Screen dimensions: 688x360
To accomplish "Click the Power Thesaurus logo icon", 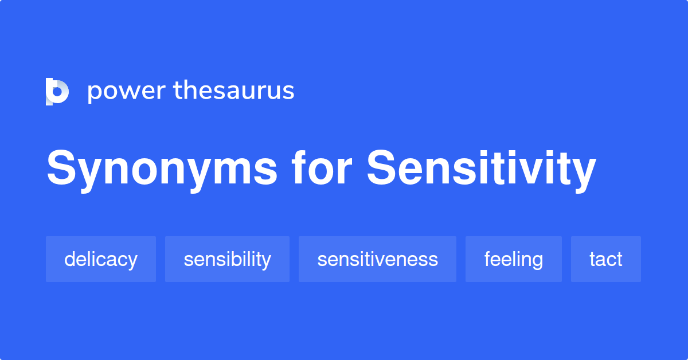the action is (57, 92).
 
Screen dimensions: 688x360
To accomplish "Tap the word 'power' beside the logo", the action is (127, 92).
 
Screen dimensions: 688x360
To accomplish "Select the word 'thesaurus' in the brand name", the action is (234, 90).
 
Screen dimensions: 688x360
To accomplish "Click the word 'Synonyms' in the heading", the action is (162, 170).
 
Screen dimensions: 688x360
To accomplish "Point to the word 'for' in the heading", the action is (322, 168).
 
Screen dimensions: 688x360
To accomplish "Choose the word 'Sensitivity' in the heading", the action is (482, 170).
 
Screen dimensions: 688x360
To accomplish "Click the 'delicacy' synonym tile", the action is (101, 259).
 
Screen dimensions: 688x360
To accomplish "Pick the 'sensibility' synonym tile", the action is (227, 259).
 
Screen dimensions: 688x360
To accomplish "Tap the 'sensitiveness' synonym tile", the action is (377, 259).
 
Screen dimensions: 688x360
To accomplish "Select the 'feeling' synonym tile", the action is (514, 259).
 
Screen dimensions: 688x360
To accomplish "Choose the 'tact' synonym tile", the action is (606, 259).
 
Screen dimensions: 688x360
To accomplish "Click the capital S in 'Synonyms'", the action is (61, 167).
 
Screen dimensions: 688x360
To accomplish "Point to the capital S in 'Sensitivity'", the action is (381, 167).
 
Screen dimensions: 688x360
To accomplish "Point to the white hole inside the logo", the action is (57, 92).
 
